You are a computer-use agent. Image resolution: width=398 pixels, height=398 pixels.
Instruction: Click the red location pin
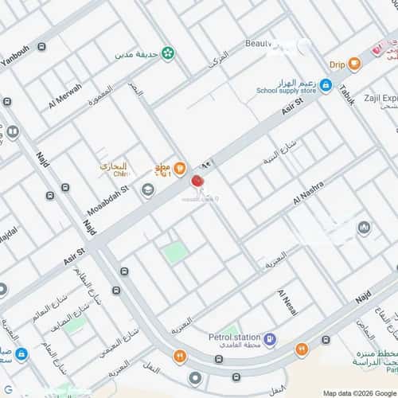point(197,181)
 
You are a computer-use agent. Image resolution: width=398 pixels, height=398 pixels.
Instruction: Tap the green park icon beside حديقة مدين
point(168,53)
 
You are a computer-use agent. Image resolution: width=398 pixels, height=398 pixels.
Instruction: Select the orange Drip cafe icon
point(355,64)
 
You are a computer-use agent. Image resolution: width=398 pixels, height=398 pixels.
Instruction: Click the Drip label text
point(336,64)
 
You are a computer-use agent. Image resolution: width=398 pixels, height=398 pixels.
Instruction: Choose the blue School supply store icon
point(326,84)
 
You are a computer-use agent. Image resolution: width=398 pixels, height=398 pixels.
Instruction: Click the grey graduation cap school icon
point(147,190)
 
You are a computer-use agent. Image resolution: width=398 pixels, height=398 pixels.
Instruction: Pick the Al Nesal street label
point(287,302)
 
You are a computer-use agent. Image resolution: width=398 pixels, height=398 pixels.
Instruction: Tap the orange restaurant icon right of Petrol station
point(301,349)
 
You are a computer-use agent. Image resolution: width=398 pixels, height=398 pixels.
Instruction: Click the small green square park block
point(176,252)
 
